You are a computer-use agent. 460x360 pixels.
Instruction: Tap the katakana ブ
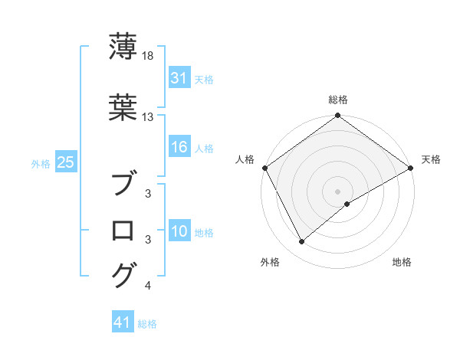pyautogui.click(x=123, y=185)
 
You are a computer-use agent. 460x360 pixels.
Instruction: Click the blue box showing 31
pyautogui.click(x=179, y=79)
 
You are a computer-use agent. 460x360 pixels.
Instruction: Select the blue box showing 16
pyautogui.click(x=179, y=148)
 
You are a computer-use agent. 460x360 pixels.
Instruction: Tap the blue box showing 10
pyautogui.click(x=179, y=232)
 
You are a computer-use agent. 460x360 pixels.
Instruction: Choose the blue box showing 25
pyautogui.click(x=65, y=163)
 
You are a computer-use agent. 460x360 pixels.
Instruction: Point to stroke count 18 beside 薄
pyautogui.click(x=149, y=57)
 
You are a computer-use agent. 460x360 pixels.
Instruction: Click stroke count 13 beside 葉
pyautogui.click(x=149, y=117)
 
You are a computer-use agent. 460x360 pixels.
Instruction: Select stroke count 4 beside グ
pyautogui.click(x=147, y=286)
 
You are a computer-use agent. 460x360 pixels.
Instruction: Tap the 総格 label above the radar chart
pyautogui.click(x=338, y=100)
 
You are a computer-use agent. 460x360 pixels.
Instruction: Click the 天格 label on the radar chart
pyautogui.click(x=431, y=159)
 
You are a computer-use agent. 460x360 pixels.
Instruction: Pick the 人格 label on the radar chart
pyautogui.click(x=245, y=159)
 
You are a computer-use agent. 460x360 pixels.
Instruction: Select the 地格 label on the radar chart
pyautogui.click(x=402, y=263)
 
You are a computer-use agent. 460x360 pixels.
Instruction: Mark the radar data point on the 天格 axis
pyautogui.click(x=411, y=168)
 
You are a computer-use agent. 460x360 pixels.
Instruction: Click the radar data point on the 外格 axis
pyautogui.click(x=302, y=242)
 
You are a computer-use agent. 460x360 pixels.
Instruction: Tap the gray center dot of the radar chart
pyautogui.click(x=338, y=191)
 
